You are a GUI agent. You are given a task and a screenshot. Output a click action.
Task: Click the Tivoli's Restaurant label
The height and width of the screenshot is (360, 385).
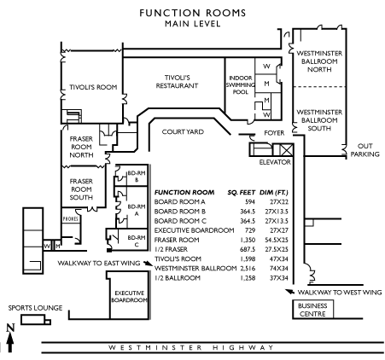[x=177, y=82]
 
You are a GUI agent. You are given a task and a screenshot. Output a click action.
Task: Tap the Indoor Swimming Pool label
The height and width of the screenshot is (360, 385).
[x=241, y=84]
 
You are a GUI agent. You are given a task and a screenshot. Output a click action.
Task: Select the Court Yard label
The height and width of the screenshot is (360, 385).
[x=183, y=132]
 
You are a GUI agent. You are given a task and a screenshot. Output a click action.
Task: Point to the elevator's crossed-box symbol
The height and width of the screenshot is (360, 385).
[x=286, y=150]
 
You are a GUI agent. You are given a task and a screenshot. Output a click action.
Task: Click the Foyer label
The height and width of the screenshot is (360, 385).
[x=274, y=133]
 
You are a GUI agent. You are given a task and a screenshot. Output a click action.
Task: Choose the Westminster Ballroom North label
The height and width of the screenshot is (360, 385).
[x=319, y=61]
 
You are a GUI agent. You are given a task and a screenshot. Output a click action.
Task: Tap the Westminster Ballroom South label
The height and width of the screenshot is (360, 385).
[x=319, y=120]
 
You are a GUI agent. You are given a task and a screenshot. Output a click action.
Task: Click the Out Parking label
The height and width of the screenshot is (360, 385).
[x=365, y=150]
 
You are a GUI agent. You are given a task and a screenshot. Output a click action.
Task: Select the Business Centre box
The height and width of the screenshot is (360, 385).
[x=312, y=310]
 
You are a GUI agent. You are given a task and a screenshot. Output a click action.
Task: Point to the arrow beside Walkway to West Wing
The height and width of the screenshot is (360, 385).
[x=290, y=292]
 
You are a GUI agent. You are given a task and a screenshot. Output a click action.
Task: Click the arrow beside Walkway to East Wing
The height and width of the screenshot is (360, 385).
[x=149, y=264]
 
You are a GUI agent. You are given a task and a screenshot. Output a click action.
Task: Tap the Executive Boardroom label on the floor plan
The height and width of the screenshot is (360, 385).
[x=129, y=297]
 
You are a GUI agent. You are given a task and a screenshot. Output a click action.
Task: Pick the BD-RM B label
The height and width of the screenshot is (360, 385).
[x=137, y=177]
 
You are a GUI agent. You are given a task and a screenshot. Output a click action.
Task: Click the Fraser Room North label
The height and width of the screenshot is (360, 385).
[x=81, y=147]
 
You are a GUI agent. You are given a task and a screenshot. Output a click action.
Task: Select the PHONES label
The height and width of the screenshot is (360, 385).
[x=71, y=219]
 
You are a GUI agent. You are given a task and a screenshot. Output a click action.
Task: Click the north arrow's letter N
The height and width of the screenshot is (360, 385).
[x=10, y=328]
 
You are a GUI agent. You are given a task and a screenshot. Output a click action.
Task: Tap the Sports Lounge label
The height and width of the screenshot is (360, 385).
[x=35, y=308]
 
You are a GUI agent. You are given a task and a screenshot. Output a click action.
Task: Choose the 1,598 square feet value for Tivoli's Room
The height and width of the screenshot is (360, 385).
[x=248, y=258]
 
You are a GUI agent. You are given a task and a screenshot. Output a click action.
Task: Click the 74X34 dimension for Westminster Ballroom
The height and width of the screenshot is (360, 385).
[x=279, y=268]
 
